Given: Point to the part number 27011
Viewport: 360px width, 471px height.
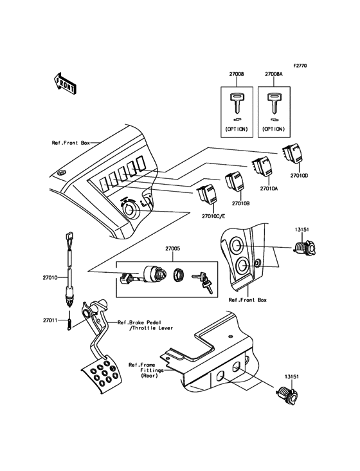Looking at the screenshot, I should tap(51, 320).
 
